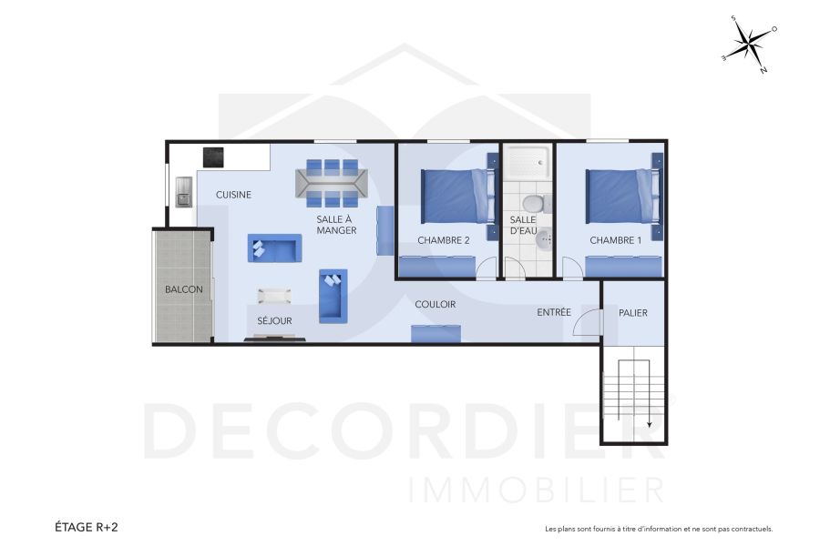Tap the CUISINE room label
[233, 195]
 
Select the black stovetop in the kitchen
[213, 157]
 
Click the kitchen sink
[184, 191]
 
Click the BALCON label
[183, 289]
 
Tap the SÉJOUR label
[274, 321]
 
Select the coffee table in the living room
[274, 296]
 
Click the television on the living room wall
[273, 339]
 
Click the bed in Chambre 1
[620, 196]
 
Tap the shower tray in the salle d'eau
[528, 165]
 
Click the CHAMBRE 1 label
[615, 240]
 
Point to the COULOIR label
[435, 305]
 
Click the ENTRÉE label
[554, 313]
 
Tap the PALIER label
[633, 313]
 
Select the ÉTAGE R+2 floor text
[87, 527]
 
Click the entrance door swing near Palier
[588, 322]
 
